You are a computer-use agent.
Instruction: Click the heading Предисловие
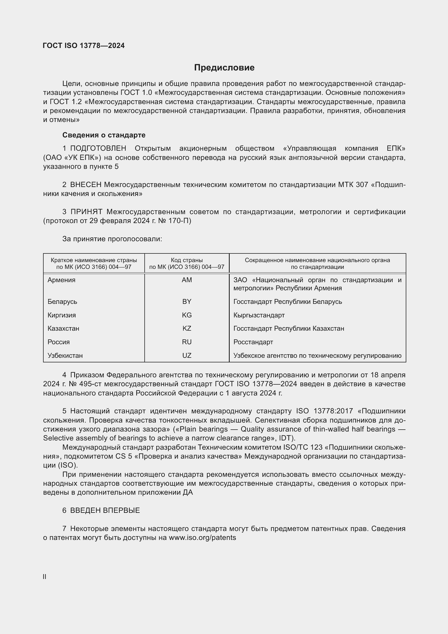[x=224, y=68]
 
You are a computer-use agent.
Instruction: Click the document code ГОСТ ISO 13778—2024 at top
[x=84, y=46]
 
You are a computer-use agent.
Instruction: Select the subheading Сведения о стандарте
[x=104, y=135]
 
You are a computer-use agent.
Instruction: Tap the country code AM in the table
[x=187, y=280]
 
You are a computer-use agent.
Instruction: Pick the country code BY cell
[x=187, y=301]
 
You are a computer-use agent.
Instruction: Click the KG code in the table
[x=187, y=315]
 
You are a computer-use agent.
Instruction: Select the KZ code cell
[x=187, y=329]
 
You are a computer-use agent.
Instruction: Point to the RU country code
[x=187, y=342]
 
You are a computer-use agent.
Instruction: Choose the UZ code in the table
[x=187, y=356]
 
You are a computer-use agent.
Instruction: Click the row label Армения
[x=61, y=280]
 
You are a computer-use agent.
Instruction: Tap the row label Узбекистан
[x=65, y=356]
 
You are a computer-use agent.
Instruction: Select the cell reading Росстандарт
[x=253, y=342]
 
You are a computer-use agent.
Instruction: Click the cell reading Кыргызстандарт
[x=259, y=315]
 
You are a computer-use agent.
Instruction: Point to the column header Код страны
[x=187, y=260]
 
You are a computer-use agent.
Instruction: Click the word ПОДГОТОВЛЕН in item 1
[x=98, y=149]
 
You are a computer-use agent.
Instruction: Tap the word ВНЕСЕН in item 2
[x=86, y=185]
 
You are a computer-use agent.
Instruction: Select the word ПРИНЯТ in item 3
[x=86, y=212]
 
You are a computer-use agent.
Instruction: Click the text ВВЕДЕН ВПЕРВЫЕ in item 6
[x=105, y=511]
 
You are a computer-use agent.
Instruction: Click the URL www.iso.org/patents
[x=202, y=538]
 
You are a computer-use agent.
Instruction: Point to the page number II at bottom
[x=44, y=577]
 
